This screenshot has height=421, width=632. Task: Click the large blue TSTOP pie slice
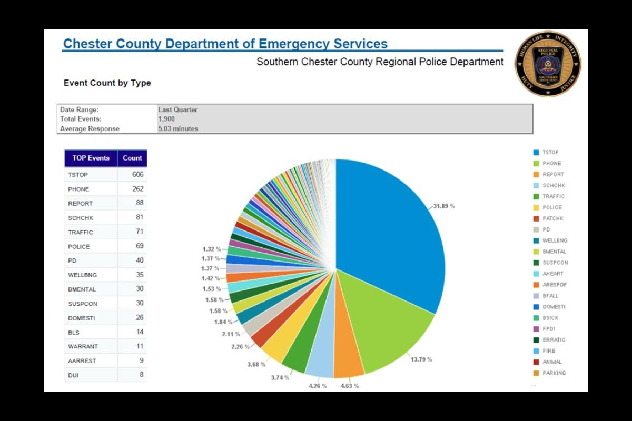point(390,226)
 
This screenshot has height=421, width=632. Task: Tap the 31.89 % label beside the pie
point(444,206)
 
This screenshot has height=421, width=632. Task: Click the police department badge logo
point(548,63)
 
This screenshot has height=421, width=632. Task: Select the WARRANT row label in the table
point(83,347)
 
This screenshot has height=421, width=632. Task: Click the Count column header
point(132,158)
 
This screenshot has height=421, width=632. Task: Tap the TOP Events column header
point(91,158)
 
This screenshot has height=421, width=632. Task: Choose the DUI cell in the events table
point(73,375)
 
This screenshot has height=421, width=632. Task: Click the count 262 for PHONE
point(138,188)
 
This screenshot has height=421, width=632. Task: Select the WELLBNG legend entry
point(555,240)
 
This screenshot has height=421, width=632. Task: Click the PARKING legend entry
point(554,373)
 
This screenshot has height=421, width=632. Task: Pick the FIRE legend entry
point(549,351)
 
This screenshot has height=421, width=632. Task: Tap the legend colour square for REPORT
point(536,175)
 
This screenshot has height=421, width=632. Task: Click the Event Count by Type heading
point(107,83)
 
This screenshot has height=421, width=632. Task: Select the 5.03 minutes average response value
point(178,128)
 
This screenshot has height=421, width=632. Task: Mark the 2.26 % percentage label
point(240,347)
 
